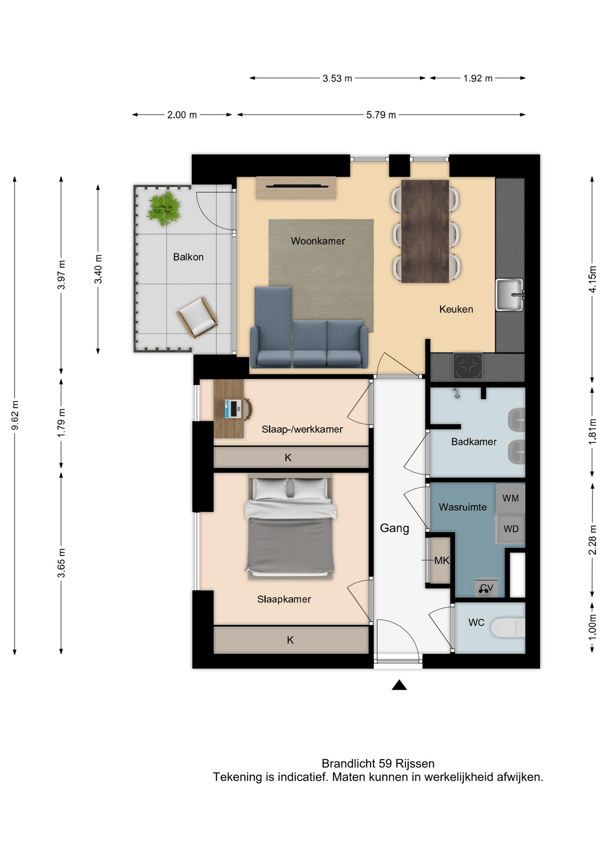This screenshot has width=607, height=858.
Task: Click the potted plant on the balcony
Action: (x=164, y=209)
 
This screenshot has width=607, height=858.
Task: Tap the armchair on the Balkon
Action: (x=197, y=316)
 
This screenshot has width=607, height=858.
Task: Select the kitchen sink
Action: (x=510, y=294)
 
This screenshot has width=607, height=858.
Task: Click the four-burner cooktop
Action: (x=468, y=366)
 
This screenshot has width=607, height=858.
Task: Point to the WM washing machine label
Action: (x=510, y=498)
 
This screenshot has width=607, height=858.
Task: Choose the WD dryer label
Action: (x=511, y=529)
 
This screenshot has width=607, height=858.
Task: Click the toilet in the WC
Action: (x=508, y=628)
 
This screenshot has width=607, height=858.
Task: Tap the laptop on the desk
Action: (x=233, y=408)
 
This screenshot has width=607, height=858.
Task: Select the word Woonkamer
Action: (x=318, y=241)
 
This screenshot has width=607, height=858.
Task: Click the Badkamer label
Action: (x=474, y=442)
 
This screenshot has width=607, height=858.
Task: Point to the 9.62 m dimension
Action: (x=15, y=416)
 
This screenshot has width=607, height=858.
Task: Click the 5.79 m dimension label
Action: (x=381, y=115)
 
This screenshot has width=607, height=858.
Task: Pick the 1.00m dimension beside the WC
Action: (x=592, y=627)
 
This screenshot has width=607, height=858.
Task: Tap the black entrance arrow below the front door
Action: (x=399, y=685)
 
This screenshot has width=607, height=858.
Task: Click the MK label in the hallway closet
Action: (x=442, y=560)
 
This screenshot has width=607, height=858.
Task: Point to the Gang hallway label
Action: (x=394, y=529)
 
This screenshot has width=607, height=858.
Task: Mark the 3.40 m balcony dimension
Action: (x=98, y=269)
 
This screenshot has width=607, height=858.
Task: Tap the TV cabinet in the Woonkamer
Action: (x=296, y=188)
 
